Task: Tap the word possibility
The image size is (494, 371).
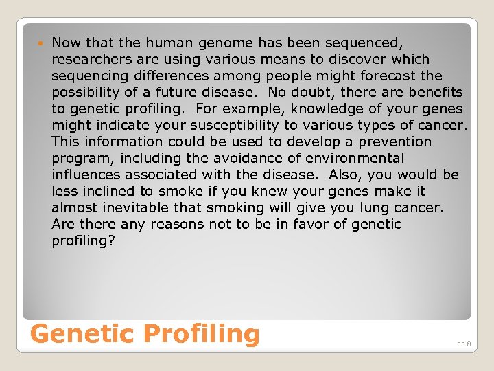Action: pos(85,92)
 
